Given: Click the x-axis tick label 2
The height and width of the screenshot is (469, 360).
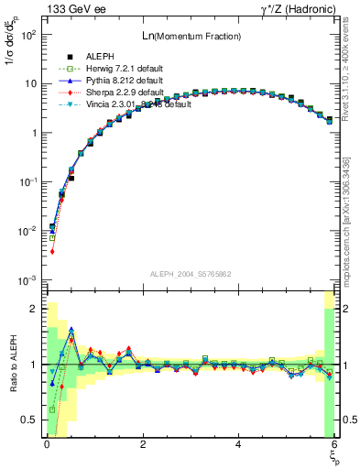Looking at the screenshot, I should point(143,445).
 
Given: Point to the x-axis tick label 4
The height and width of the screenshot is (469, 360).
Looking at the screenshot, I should point(239,445).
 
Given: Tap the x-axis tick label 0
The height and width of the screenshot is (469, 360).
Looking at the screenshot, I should point(47,445).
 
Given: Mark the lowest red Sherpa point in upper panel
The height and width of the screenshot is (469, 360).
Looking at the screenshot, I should point(52,251).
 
